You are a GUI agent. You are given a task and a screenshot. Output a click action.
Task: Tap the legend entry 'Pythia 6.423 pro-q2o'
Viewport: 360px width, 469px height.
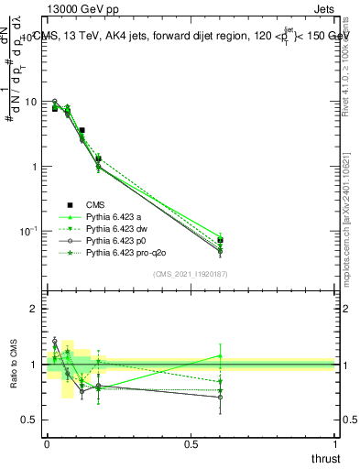pyautogui.click(x=127, y=252)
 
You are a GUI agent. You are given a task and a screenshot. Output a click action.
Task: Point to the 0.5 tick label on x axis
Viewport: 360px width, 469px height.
pyautogui.click(x=191, y=444)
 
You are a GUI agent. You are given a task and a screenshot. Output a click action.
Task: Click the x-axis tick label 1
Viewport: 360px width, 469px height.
pyautogui.click(x=334, y=444)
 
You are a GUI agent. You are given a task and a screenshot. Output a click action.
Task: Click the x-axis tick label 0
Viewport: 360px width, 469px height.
pyautogui.click(x=47, y=444)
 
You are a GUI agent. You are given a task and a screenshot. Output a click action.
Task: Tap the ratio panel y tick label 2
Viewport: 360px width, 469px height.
pyautogui.click(x=34, y=309)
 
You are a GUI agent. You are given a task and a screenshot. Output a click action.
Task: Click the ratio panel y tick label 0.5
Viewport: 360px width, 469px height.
pyautogui.click(x=29, y=420)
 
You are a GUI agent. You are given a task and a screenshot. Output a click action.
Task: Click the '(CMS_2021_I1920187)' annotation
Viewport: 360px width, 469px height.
pyautogui.click(x=191, y=274)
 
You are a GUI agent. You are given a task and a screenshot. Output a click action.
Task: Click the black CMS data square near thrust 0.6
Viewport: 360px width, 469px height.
pyautogui.click(x=220, y=241)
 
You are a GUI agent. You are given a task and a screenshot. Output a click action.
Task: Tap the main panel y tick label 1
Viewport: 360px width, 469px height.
pyautogui.click(x=34, y=167)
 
